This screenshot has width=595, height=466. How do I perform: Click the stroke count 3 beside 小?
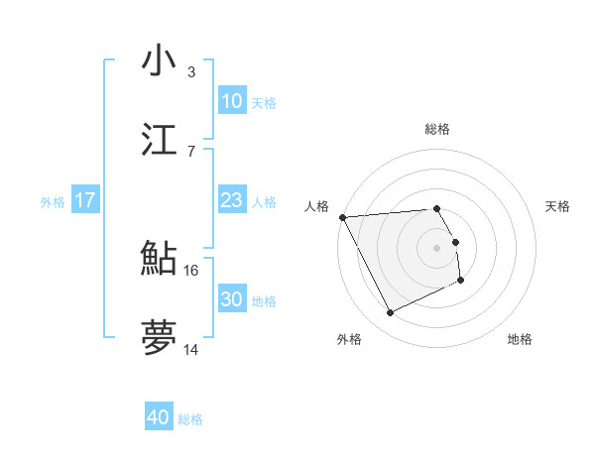(x=191, y=72)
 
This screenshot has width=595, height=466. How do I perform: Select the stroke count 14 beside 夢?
(x=191, y=350)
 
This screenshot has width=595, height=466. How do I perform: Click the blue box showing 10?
(x=231, y=101)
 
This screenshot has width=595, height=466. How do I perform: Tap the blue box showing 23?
(x=231, y=200)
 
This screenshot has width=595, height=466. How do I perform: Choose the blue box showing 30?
(x=231, y=299)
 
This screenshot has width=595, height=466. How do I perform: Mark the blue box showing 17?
(x=85, y=200)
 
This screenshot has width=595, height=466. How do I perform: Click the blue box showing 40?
(x=158, y=417)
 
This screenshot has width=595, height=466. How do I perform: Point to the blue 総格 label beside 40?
(x=190, y=419)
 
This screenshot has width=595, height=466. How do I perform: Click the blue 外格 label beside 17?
(x=53, y=202)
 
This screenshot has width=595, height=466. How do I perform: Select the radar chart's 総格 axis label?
(x=437, y=129)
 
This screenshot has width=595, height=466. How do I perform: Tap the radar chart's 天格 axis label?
(x=557, y=206)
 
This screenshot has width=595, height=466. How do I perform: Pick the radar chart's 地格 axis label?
(x=520, y=339)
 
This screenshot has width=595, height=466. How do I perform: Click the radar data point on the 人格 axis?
(x=342, y=217)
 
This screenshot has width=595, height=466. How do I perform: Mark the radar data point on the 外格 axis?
(x=390, y=313)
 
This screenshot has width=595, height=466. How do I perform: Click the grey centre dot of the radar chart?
(x=437, y=248)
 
